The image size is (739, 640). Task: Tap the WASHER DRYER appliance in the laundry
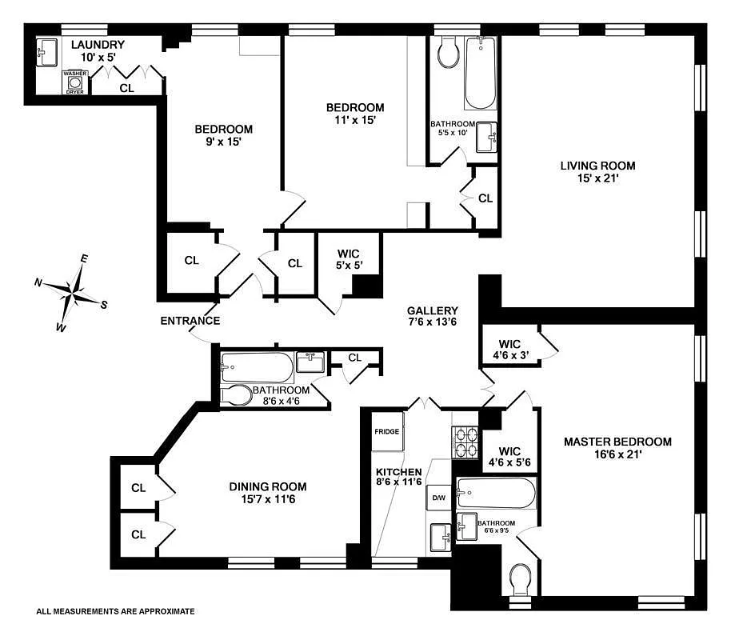tap(74, 82)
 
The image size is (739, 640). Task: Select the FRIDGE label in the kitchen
tap(386, 432)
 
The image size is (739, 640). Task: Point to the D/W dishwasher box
tap(438, 498)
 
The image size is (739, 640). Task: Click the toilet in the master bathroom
tap(521, 578)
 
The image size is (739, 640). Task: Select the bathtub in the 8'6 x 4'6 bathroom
tap(257, 369)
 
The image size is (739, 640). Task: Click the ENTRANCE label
tap(190, 321)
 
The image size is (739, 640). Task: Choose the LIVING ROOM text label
tap(597, 166)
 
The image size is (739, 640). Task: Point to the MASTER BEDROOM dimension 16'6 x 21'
tap(617, 454)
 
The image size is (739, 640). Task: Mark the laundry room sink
tap(45, 52)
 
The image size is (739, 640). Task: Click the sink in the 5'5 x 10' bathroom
tap(486, 138)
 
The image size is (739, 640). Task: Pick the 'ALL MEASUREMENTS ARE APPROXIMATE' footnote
tap(115, 611)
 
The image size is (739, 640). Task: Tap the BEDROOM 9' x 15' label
tap(224, 135)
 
